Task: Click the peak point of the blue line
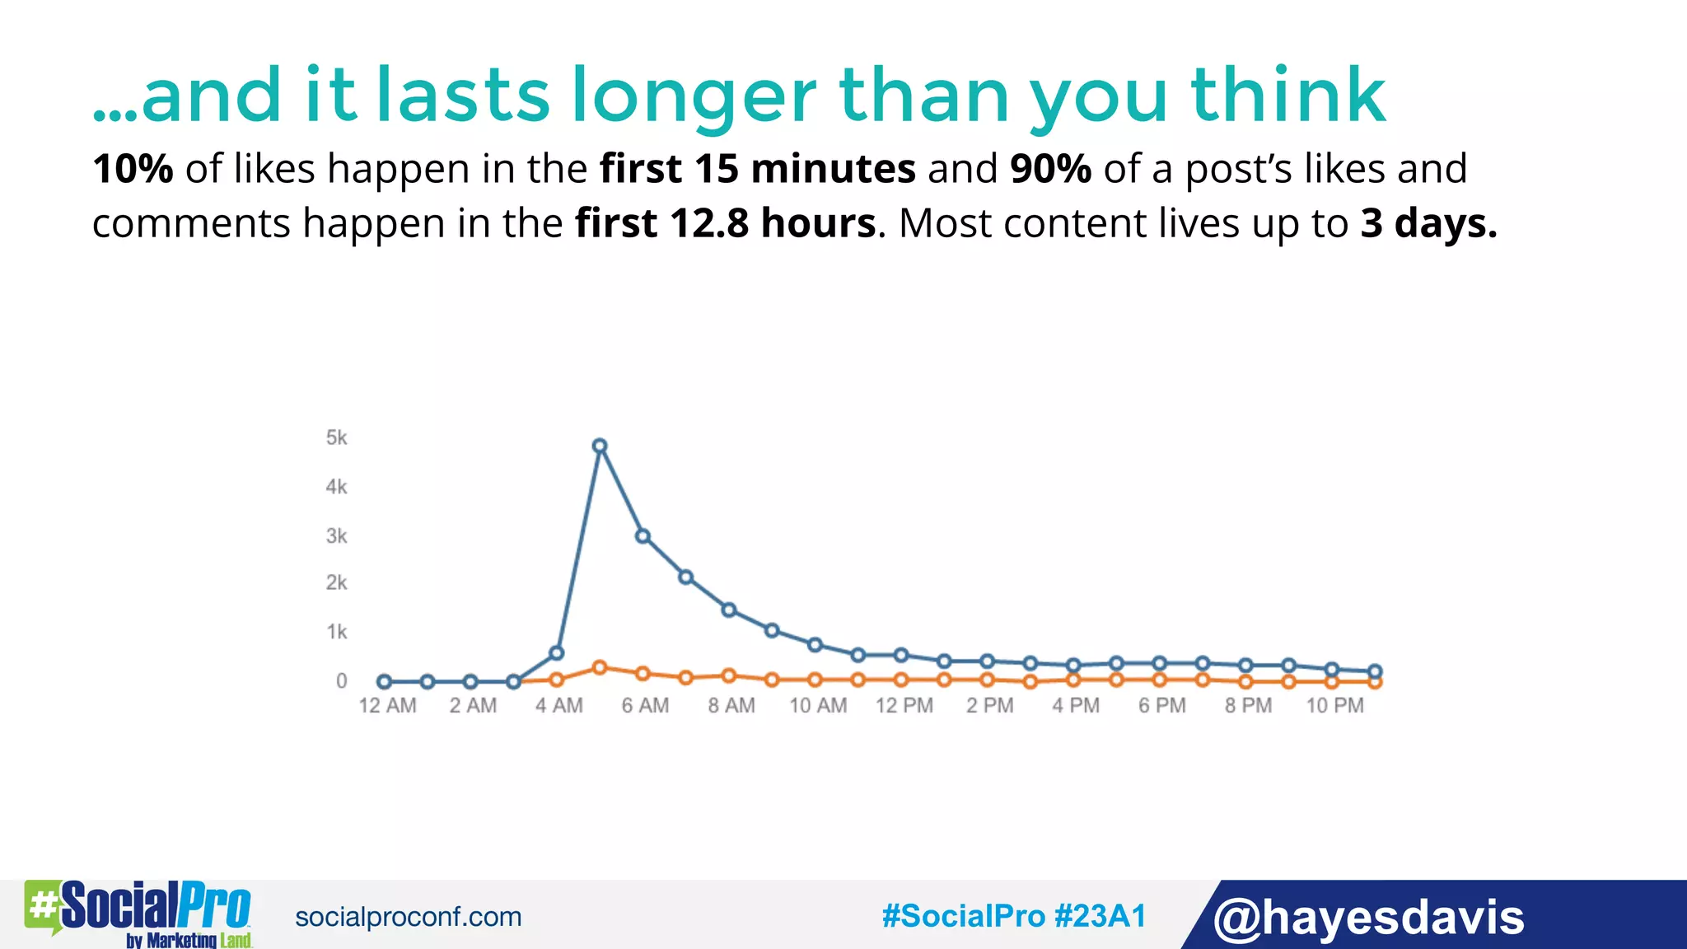click(x=600, y=446)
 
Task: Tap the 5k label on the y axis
click(x=336, y=437)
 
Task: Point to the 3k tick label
click(x=336, y=536)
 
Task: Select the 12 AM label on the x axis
click(x=387, y=706)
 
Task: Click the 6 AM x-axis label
click(x=645, y=706)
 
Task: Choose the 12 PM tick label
click(x=904, y=706)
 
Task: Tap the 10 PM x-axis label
click(x=1334, y=706)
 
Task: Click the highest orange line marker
click(x=600, y=667)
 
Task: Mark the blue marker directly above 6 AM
click(x=643, y=536)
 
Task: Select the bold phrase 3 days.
click(x=1428, y=223)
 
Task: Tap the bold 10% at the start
click(x=133, y=169)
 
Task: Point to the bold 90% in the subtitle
click(x=1050, y=169)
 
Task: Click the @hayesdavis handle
click(x=1368, y=917)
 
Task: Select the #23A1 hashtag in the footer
click(x=1100, y=916)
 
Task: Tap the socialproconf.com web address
click(x=408, y=917)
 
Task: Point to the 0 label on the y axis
click(x=341, y=681)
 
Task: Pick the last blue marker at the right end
click(x=1375, y=671)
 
